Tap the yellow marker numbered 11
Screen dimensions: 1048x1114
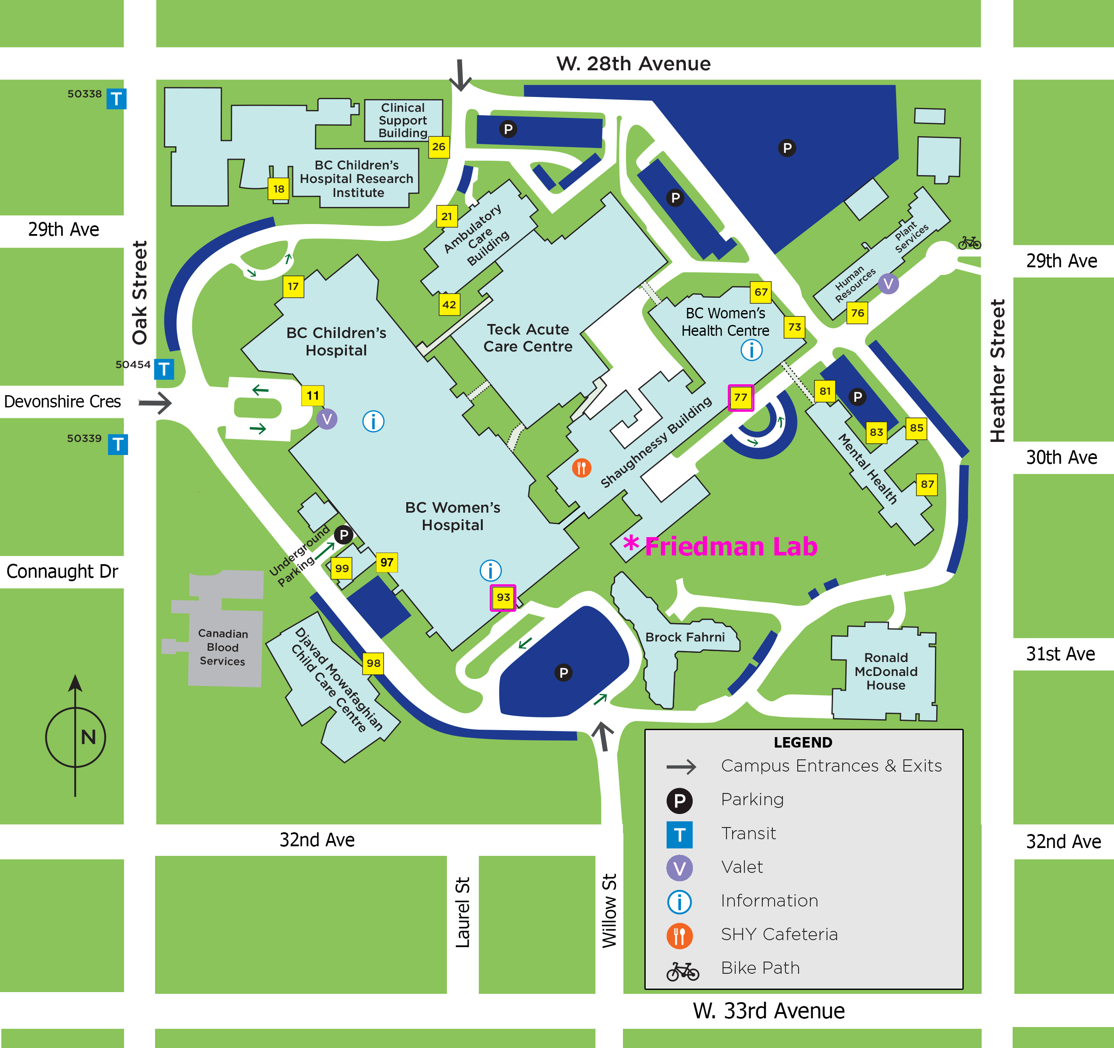coord(313,396)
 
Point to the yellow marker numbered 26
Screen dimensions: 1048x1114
coord(439,147)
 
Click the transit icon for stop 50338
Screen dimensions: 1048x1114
coord(117,99)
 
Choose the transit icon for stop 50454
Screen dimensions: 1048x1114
coord(164,369)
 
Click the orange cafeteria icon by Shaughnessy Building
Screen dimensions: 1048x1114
coord(581,467)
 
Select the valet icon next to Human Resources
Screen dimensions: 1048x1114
coord(888,283)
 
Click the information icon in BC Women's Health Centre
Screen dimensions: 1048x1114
coord(751,350)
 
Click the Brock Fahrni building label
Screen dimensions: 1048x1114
coord(685,638)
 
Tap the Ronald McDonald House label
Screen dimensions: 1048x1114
coord(886,671)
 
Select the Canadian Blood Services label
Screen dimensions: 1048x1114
coord(222,647)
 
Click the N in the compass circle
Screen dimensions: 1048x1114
coord(88,737)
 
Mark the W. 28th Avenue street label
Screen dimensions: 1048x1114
coord(633,64)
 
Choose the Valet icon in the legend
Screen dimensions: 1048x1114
coord(679,868)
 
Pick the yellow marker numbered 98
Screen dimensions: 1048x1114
coord(373,663)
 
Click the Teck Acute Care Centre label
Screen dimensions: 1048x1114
coord(528,338)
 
